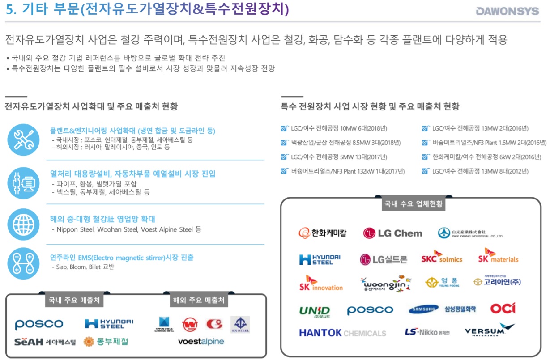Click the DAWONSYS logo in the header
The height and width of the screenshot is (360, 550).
(x=507, y=11)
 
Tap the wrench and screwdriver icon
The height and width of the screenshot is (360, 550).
(x=24, y=140)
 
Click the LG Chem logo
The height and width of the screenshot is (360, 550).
(x=392, y=233)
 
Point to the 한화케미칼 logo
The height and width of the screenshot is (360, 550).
(x=323, y=233)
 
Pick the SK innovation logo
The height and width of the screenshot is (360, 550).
(x=321, y=283)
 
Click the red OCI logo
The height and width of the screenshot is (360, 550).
(x=503, y=309)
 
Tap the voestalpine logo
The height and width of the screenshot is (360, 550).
(x=201, y=342)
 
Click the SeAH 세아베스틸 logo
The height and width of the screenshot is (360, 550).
(x=45, y=342)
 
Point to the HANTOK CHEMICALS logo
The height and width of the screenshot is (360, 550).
(x=342, y=333)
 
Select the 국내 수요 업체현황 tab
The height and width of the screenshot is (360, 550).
(x=414, y=204)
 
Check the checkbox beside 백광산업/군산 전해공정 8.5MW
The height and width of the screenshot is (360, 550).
(x=284, y=143)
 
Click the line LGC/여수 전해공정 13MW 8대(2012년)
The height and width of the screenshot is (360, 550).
(x=480, y=171)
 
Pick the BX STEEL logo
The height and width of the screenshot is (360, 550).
(x=240, y=324)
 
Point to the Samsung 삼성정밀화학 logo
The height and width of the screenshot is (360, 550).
(x=442, y=309)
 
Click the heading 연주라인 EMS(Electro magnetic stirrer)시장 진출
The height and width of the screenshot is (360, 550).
(x=122, y=258)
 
